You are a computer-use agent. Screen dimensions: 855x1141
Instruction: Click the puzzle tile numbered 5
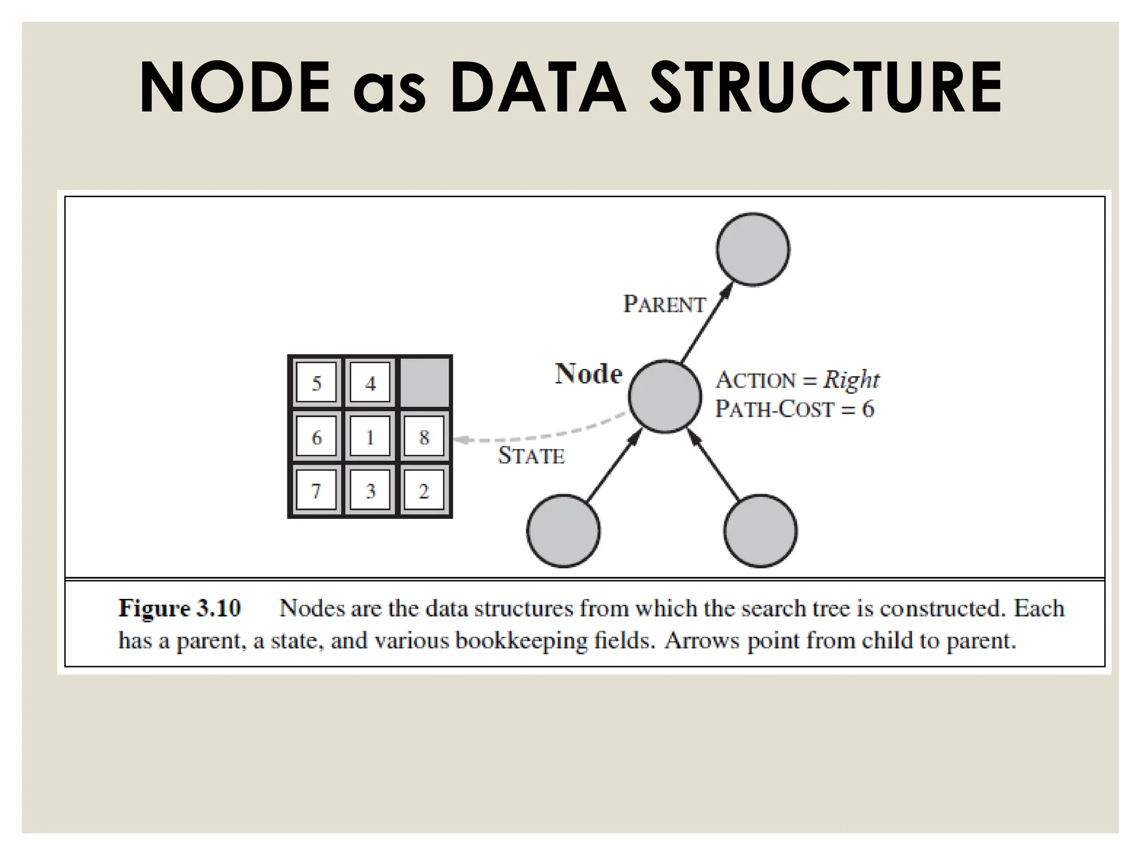pyautogui.click(x=316, y=383)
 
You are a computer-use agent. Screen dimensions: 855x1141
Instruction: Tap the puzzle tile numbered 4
pyautogui.click(x=370, y=383)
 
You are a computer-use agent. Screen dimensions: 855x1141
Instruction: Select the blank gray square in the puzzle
pyautogui.click(x=425, y=383)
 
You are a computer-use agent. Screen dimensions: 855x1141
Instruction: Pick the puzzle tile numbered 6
pyautogui.click(x=316, y=437)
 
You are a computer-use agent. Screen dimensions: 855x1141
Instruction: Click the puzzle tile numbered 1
pyautogui.click(x=370, y=437)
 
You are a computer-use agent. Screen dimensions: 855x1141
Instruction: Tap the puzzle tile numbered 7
pyautogui.click(x=316, y=491)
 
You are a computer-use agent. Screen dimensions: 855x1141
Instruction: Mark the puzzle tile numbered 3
pyautogui.click(x=370, y=491)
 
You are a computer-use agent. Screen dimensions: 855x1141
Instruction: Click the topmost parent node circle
pyautogui.click(x=753, y=249)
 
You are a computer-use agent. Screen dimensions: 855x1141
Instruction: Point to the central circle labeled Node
pyautogui.click(x=665, y=396)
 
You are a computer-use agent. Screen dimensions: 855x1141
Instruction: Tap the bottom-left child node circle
pyautogui.click(x=563, y=530)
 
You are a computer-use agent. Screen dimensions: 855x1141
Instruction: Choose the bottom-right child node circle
pyautogui.click(x=760, y=530)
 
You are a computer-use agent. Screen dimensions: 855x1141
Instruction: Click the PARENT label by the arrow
pyautogui.click(x=664, y=304)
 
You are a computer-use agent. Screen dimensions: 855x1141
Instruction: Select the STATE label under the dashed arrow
pyautogui.click(x=531, y=456)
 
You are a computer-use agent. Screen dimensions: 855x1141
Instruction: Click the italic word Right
pyautogui.click(x=851, y=380)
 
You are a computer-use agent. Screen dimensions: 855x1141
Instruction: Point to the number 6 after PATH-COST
pyautogui.click(x=867, y=409)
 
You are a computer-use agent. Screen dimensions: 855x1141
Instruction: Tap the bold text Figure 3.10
pyautogui.click(x=179, y=608)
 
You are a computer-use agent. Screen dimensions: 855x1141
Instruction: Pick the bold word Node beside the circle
pyautogui.click(x=588, y=374)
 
